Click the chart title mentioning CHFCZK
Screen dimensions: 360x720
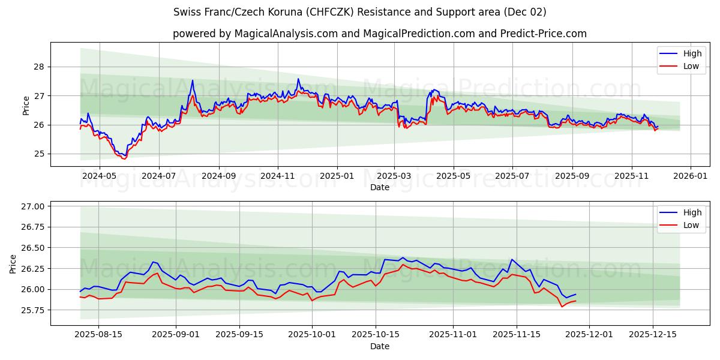(360, 12)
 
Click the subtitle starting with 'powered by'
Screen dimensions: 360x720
(380, 34)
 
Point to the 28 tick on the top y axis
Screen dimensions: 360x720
(40, 67)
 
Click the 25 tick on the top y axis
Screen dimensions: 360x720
(40, 154)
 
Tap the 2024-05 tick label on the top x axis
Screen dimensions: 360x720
(99, 176)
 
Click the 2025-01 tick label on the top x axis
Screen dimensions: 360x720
(337, 176)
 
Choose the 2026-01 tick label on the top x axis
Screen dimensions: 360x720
(690, 176)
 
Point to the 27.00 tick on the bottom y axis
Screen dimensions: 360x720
(34, 206)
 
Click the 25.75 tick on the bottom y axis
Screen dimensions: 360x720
(34, 310)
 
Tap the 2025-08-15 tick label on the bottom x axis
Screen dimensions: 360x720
(98, 335)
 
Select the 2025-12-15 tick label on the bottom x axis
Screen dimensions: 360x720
(652, 335)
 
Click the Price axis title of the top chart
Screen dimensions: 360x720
(26, 105)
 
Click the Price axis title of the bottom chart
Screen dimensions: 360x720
(13, 263)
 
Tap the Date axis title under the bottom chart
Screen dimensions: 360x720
(380, 346)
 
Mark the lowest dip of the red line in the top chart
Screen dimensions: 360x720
(124, 158)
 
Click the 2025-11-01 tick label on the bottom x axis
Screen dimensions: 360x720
(454, 335)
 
